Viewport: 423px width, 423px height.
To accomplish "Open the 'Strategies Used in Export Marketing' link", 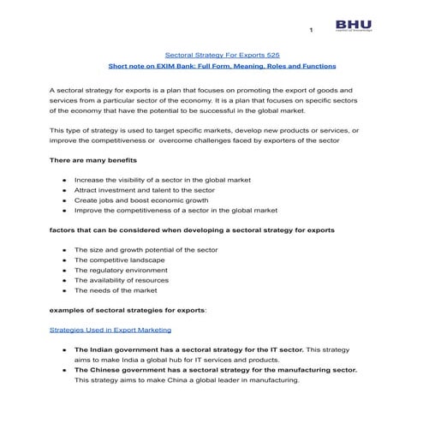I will point(110,329).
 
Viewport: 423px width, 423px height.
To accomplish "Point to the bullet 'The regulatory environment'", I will point(122,270).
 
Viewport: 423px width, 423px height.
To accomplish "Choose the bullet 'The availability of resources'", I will point(126,280).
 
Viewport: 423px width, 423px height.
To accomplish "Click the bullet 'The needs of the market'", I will point(116,290).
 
